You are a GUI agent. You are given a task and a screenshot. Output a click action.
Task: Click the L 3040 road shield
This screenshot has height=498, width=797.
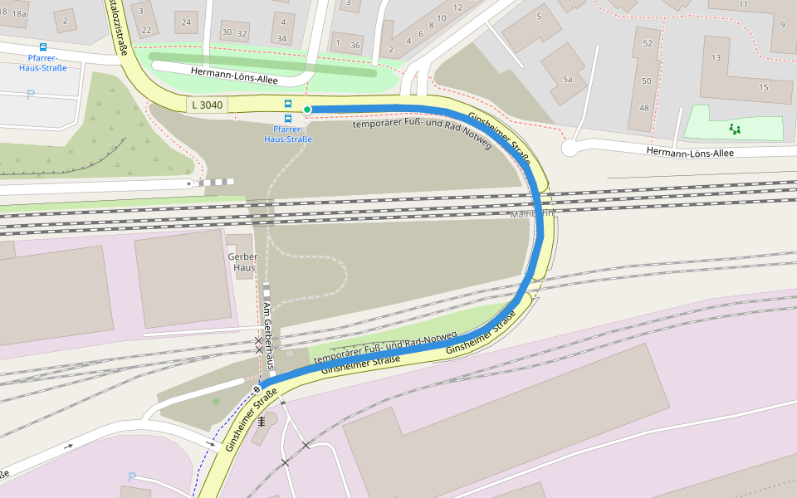pyautogui.click(x=207, y=105)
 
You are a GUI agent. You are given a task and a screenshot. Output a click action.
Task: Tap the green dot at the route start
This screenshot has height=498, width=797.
pyautogui.click(x=307, y=110)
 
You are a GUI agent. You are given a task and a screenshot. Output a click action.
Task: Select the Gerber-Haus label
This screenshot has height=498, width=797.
pyautogui.click(x=243, y=262)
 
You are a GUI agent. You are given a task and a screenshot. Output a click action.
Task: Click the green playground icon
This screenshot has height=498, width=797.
pyautogui.click(x=734, y=129)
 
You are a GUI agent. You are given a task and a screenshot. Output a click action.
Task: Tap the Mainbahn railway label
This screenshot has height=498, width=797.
pyautogui.click(x=531, y=214)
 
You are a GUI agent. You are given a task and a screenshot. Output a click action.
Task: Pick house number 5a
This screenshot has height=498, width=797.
pyautogui.click(x=568, y=80)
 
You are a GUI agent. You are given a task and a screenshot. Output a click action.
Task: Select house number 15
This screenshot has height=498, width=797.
pyautogui.click(x=764, y=87)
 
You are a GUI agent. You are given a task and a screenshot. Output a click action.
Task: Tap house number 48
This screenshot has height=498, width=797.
pyautogui.click(x=644, y=108)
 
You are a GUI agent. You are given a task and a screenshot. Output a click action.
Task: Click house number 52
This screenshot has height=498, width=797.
pyautogui.click(x=648, y=42)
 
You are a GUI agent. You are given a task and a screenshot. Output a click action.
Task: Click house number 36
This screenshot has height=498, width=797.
pyautogui.click(x=356, y=45)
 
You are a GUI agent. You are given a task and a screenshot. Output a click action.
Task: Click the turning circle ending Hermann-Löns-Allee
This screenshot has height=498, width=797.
pyautogui.click(x=570, y=148)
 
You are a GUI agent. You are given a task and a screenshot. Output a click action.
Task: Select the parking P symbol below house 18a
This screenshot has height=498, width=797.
pyautogui.click(x=31, y=95)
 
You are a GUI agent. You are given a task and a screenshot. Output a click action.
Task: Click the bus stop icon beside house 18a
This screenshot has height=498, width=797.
pyautogui.click(x=43, y=47)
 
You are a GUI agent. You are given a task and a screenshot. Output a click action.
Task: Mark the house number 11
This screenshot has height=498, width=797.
pyautogui.click(x=743, y=4)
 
